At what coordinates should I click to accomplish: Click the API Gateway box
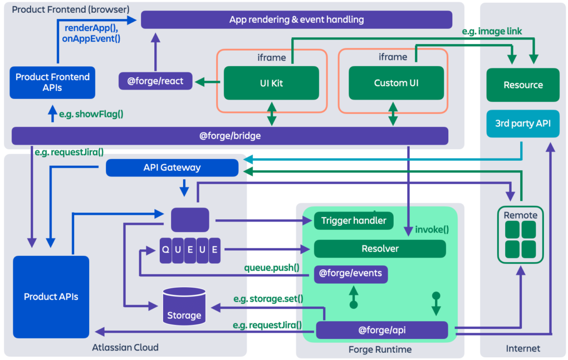[172, 167]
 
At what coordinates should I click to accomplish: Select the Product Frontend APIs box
[52, 82]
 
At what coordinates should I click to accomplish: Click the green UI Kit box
[271, 83]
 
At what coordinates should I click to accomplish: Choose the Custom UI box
[396, 83]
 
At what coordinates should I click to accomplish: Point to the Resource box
[522, 85]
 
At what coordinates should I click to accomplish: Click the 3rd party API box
[522, 123]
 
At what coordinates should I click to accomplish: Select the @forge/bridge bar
[229, 136]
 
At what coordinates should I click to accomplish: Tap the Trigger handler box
[354, 221]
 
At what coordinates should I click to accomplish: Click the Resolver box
[380, 249]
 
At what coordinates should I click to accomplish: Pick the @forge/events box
[351, 274]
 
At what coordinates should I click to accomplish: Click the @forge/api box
[381, 330]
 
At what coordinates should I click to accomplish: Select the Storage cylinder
[184, 307]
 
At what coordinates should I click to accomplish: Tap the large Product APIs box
[51, 297]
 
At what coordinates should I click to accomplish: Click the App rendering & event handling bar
[296, 19]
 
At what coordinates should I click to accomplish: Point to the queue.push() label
[272, 268]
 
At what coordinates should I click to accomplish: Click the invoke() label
[432, 229]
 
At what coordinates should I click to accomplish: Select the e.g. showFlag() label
[91, 115]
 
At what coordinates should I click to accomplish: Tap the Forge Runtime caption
[380, 349]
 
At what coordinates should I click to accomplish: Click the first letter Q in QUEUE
[165, 249]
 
